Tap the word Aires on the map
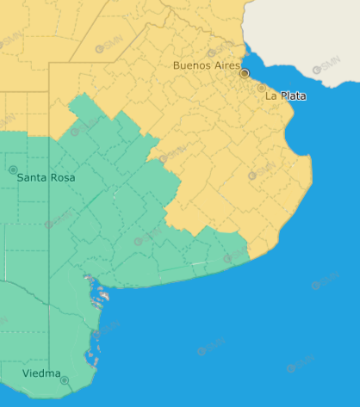(x=227, y=65)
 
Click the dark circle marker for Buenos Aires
(x=245, y=74)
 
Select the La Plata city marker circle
(x=261, y=88)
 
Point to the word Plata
(x=292, y=96)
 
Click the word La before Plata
(x=270, y=96)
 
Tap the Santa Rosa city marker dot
(x=13, y=170)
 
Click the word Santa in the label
(x=34, y=177)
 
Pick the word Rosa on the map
(x=63, y=177)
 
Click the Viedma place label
(x=42, y=373)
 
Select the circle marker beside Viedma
(x=65, y=379)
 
